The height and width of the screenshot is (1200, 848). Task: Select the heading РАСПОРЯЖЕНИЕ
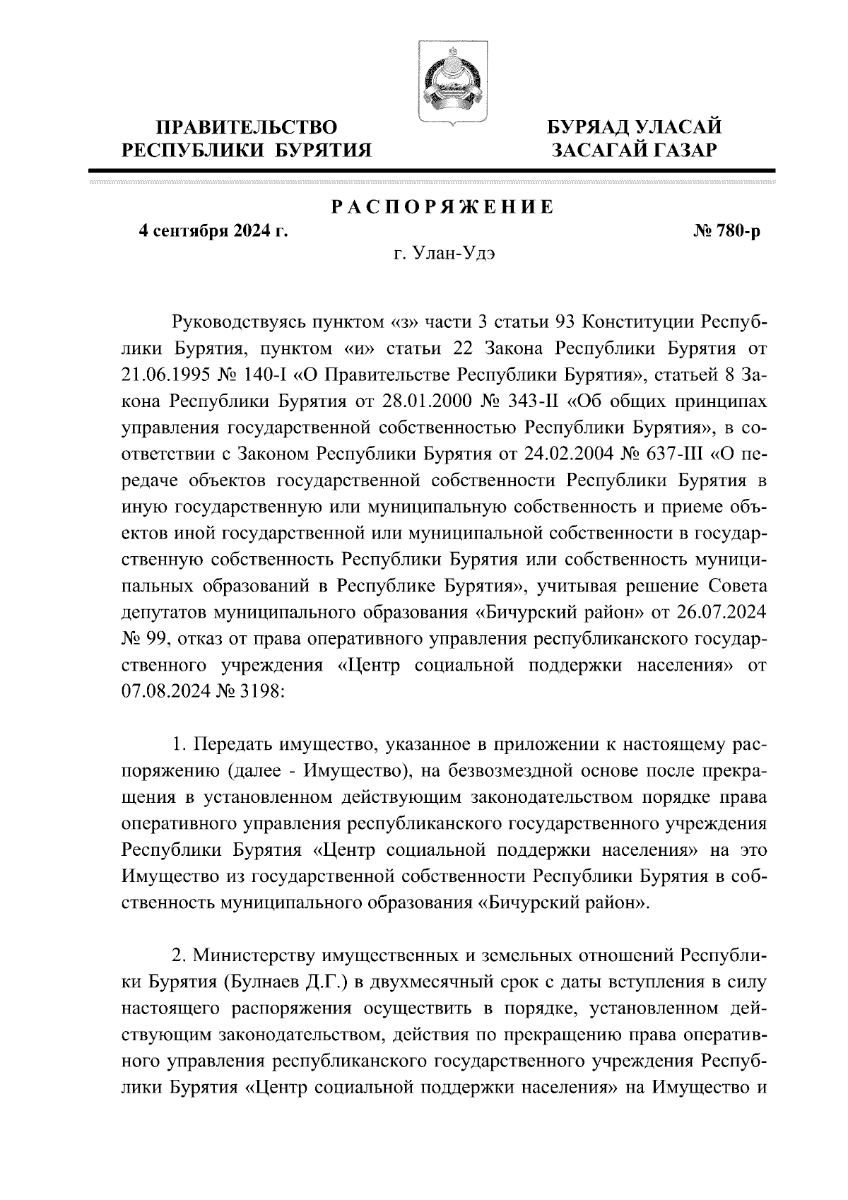(x=442, y=207)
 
